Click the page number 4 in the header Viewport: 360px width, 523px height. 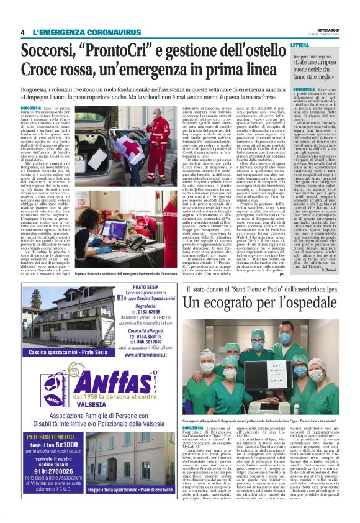(23, 32)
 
